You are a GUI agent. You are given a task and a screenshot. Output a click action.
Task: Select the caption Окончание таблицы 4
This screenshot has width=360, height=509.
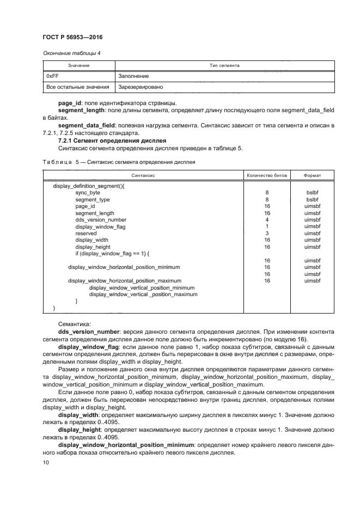point(71,53)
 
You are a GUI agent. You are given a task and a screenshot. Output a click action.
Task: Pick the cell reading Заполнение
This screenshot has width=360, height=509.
point(133,76)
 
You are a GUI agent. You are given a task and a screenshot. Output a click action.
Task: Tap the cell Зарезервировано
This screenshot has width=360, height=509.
point(140,87)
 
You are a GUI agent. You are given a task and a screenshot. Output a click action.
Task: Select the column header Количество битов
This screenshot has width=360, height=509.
point(264,175)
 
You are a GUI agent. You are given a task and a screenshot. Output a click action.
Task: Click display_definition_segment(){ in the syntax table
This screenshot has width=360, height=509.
point(89,186)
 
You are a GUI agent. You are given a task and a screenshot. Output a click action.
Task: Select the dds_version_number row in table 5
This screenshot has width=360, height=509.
point(101,220)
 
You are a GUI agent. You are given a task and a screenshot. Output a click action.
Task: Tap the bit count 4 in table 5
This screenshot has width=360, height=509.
point(267,220)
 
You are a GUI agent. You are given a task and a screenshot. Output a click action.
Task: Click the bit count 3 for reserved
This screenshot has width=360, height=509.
point(267,233)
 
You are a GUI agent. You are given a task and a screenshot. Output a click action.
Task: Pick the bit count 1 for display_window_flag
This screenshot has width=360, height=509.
point(267,226)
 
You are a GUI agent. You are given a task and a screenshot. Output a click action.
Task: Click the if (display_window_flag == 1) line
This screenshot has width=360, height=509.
point(112,254)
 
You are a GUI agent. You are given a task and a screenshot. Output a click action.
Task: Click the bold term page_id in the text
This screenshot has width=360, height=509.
point(70,103)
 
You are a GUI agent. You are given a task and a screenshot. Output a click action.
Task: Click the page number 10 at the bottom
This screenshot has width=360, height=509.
point(45,463)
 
